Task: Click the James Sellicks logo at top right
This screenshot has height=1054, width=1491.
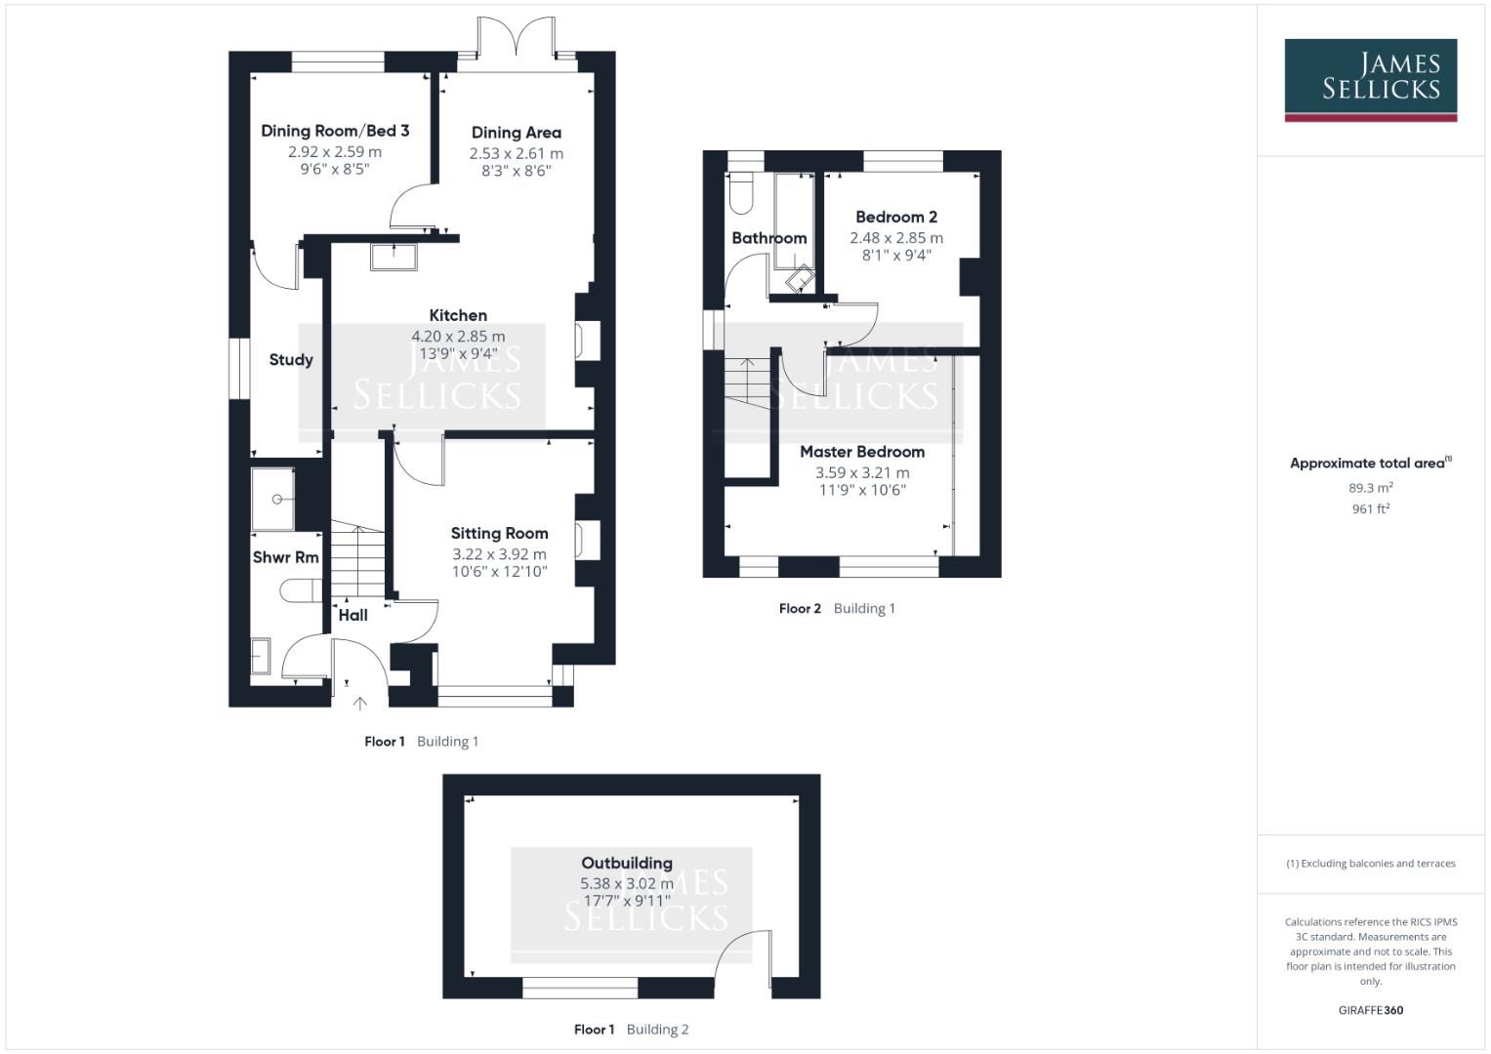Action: click(1370, 79)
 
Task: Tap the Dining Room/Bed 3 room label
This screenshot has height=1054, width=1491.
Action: click(335, 131)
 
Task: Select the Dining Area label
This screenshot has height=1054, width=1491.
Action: click(516, 133)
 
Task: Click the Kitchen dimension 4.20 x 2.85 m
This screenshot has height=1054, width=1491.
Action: click(458, 337)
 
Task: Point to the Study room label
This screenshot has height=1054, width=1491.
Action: click(291, 360)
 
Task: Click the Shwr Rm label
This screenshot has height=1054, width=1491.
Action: click(285, 557)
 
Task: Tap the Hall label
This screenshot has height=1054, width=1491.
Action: click(352, 615)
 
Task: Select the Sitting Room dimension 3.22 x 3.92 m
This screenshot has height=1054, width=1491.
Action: click(499, 554)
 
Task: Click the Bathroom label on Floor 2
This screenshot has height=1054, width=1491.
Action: click(768, 238)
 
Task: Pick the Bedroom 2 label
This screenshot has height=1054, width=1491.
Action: click(896, 218)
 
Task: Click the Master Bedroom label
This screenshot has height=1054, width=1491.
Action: click(862, 452)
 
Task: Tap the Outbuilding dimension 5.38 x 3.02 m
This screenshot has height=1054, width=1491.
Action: click(627, 884)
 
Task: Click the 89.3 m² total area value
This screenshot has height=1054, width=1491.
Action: click(1370, 488)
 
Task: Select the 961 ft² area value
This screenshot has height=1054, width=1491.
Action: click(1370, 509)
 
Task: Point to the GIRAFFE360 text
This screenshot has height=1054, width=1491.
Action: click(1370, 1011)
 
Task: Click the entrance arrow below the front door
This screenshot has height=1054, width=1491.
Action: click(359, 703)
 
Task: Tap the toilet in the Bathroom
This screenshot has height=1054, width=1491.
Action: click(741, 193)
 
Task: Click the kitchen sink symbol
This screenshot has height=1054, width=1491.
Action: click(393, 256)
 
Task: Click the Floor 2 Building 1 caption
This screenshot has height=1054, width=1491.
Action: click(837, 609)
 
